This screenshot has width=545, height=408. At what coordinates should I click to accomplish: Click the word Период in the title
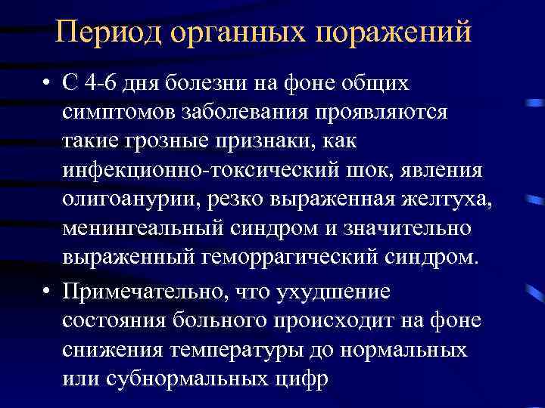point(107,32)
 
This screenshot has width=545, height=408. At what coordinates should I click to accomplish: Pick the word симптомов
point(117,112)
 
